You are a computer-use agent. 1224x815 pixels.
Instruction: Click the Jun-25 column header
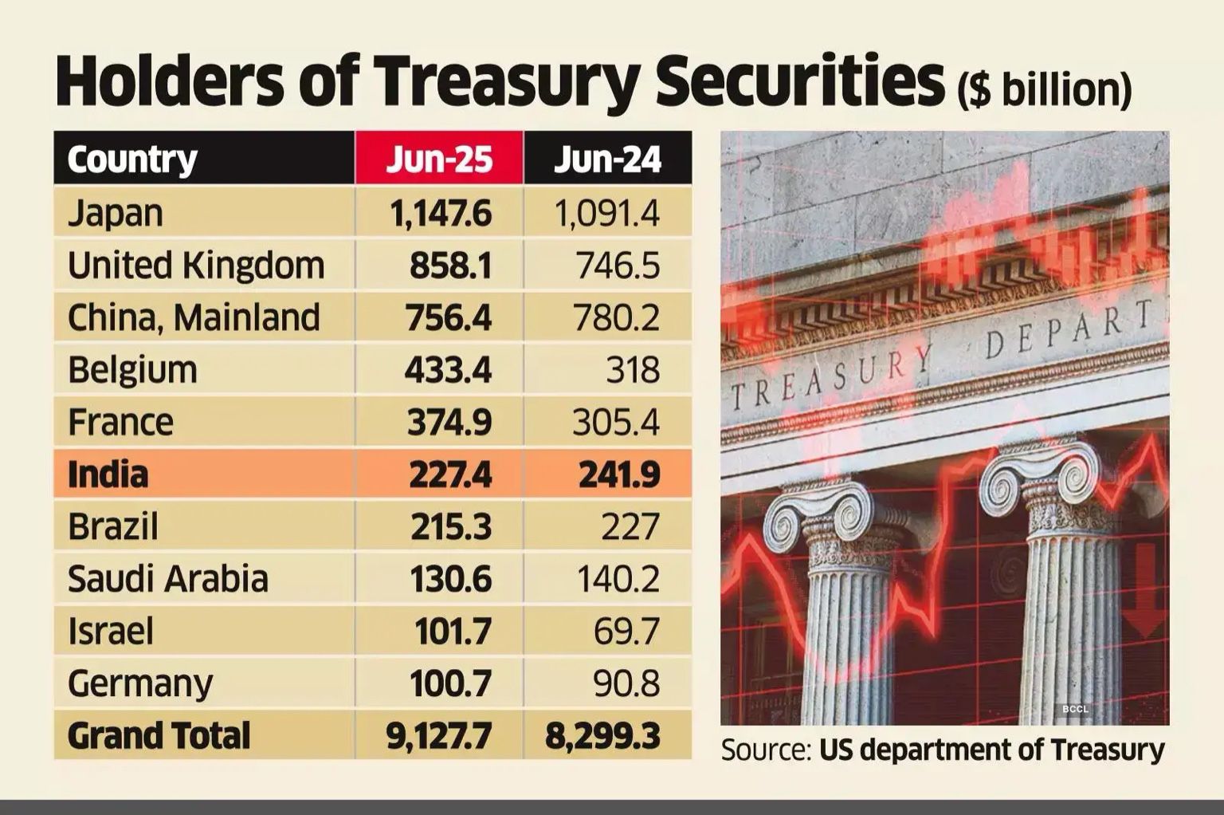coord(439,159)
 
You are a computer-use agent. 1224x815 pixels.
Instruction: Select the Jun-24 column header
coord(607,159)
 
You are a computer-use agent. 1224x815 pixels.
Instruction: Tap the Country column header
coord(132,159)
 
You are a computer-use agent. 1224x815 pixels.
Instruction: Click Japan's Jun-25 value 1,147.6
coord(441,213)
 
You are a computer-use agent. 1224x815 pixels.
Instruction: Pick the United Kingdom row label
coord(196,266)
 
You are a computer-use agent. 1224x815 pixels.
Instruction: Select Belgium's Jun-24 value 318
coord(632,370)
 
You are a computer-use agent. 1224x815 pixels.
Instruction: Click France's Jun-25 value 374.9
coord(449,422)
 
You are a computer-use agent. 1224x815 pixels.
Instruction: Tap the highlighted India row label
coord(108,474)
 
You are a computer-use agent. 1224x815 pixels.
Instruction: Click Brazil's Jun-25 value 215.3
coord(450,526)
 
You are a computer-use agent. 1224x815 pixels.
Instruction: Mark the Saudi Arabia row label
coord(167,579)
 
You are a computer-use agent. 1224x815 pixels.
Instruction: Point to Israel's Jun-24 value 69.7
coord(626,632)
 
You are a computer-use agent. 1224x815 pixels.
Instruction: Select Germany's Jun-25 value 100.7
coord(450,683)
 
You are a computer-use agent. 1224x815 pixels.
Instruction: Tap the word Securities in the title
coord(802,82)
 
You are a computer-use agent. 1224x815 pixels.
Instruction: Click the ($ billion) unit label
coord(1044,89)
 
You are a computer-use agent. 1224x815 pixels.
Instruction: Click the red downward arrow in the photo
coord(1146,590)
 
